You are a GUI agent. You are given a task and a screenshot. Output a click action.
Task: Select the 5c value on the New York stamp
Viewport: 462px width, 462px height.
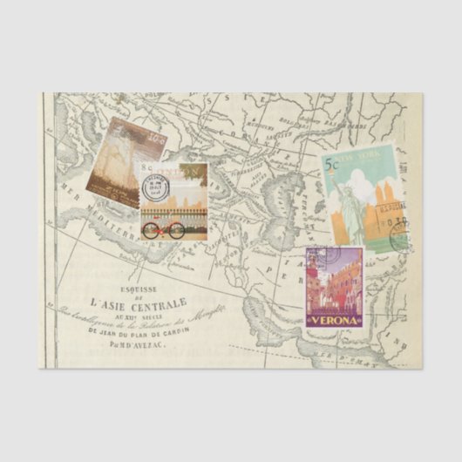[332, 164]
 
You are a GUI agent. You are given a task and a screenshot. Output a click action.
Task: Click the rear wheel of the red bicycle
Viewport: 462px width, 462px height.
[151, 231]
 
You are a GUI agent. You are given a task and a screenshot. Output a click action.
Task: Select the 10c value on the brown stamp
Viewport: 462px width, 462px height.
[155, 138]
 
